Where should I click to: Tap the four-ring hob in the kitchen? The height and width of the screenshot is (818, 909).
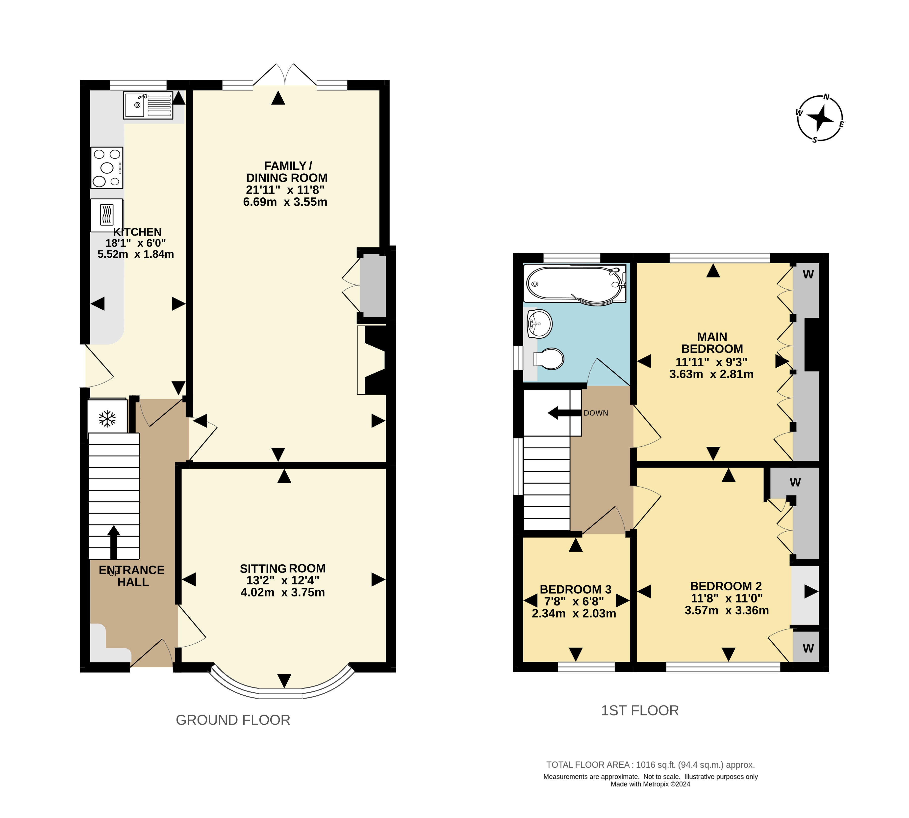(107, 168)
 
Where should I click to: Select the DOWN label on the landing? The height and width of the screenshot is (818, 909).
(596, 413)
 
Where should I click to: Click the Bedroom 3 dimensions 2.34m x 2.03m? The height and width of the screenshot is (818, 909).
(574, 613)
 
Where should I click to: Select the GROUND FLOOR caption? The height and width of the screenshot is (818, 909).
(233, 720)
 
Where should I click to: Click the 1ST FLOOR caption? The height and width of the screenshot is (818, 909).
(640, 710)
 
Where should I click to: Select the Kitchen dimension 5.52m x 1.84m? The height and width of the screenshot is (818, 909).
(136, 254)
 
